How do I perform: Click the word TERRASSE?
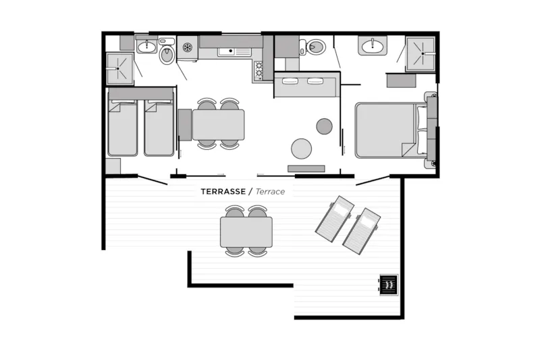(x=223, y=192)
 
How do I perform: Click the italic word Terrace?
(x=271, y=192)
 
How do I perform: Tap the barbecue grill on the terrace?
(x=389, y=284)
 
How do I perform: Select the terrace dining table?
(x=246, y=232)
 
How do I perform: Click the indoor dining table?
(x=218, y=125)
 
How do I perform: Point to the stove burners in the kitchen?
(x=259, y=70)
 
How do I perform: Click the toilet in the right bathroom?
(x=313, y=47)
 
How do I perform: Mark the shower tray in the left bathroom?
(x=119, y=68)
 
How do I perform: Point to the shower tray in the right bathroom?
(x=421, y=54)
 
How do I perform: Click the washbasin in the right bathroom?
(x=373, y=45)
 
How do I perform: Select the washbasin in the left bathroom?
(x=147, y=45)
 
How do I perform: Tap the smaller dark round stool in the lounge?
(x=324, y=126)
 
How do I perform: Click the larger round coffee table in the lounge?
(x=301, y=149)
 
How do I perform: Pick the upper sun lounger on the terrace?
(x=335, y=219)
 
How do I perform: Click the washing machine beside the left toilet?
(x=188, y=48)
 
